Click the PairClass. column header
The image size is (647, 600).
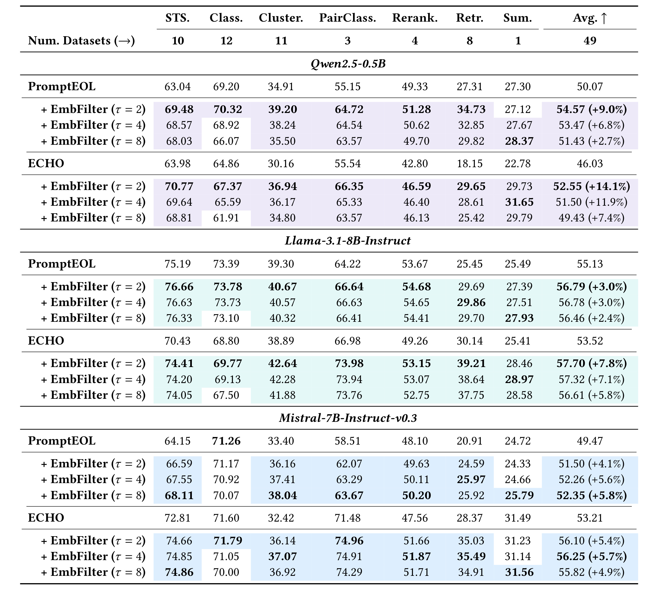347,18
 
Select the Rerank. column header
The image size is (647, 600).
415,18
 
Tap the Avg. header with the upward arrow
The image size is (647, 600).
590,18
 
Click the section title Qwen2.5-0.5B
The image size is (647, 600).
348,63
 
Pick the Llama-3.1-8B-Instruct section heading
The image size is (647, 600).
348,241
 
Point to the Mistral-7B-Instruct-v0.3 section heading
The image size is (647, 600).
348,418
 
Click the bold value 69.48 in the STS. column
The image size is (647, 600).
179,109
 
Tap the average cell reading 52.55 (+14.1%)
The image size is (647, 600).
591,186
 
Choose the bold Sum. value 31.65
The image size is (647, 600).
519,202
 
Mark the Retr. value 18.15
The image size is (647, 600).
469,163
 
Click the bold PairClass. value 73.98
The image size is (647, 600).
349,363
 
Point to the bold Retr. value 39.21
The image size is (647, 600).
471,363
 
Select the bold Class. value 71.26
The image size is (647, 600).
226,441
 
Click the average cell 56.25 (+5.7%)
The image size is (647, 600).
591,556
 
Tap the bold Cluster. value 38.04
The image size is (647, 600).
282,495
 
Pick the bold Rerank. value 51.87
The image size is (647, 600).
416,556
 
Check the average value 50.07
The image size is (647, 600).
590,87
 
